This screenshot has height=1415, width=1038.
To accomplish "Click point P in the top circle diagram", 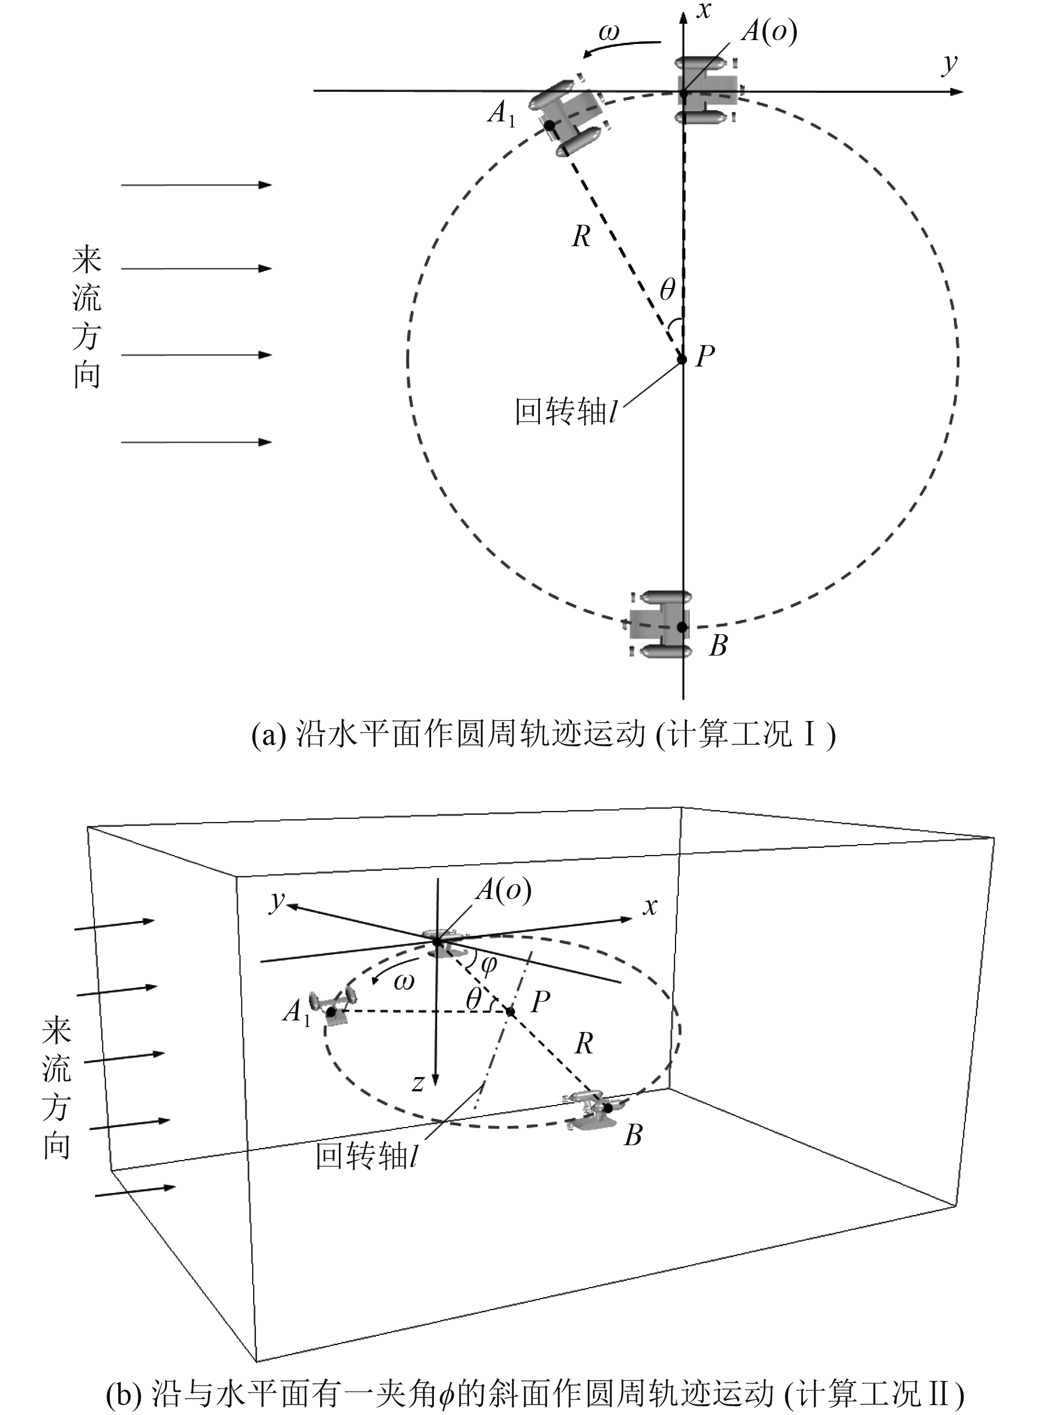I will [682, 359].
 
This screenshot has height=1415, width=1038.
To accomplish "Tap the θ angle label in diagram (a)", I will [667, 290].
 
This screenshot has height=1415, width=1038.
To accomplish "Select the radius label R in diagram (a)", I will [581, 237].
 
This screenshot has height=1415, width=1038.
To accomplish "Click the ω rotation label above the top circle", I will [608, 31].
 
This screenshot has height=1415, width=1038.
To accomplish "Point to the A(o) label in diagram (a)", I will [768, 30].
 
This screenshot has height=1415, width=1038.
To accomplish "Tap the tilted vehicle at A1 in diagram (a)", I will [566, 116].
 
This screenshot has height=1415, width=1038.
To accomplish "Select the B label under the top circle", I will [718, 646].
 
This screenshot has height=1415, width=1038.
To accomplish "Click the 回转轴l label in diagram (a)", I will [566, 412].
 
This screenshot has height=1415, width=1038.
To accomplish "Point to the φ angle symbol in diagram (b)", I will [488, 964].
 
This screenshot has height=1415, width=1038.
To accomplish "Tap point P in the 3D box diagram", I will [511, 1012].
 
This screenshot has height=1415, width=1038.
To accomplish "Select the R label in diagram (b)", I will [584, 1044].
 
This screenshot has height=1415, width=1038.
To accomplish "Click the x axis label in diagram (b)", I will [650, 906].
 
